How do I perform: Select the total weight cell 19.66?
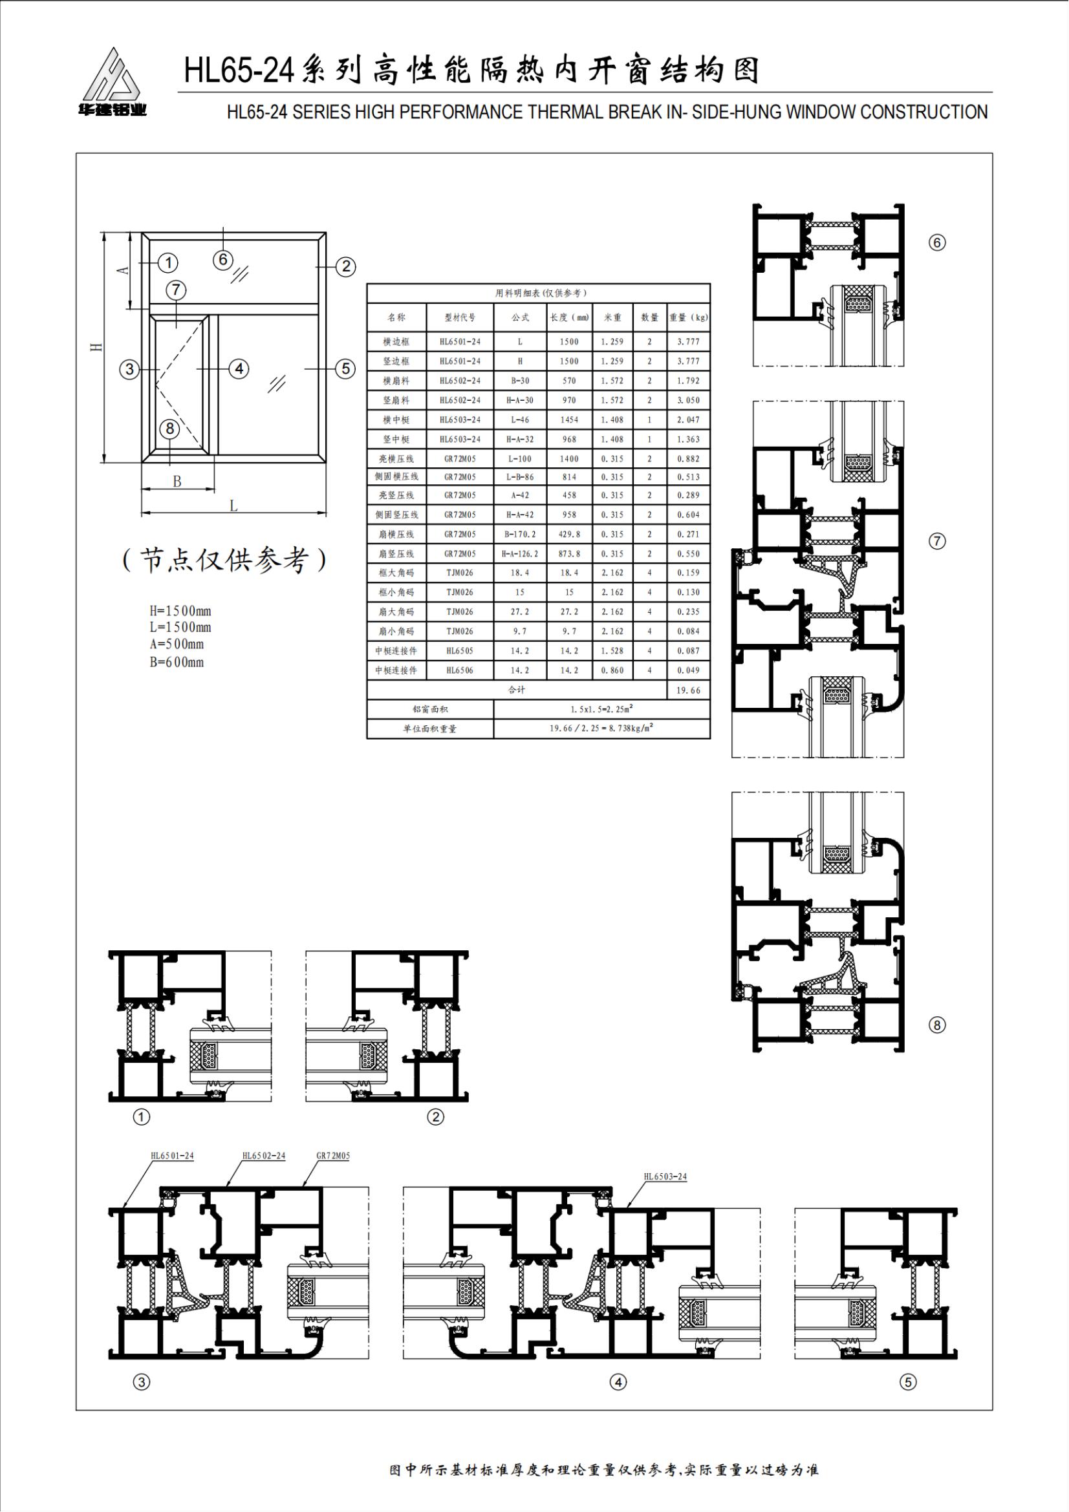click(x=688, y=690)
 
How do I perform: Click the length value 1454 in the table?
click(x=569, y=420)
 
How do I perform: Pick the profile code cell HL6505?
click(x=460, y=651)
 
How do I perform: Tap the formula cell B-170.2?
click(x=520, y=534)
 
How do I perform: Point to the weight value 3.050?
click(x=688, y=400)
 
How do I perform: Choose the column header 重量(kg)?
click(x=688, y=317)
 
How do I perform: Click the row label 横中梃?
click(x=396, y=420)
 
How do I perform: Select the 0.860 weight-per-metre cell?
click(x=612, y=670)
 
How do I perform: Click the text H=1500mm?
click(x=180, y=611)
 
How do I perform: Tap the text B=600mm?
click(x=177, y=662)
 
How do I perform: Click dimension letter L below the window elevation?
click(x=233, y=506)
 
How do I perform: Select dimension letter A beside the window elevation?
click(x=121, y=270)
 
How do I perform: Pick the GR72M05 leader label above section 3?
click(x=333, y=1156)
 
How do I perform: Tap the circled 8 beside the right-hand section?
click(x=936, y=1025)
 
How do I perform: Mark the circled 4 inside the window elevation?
click(x=239, y=368)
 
